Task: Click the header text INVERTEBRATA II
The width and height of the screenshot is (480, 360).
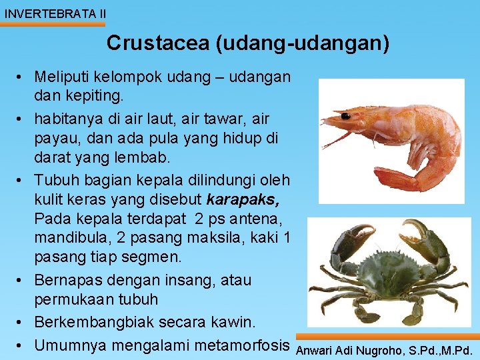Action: tap(54, 13)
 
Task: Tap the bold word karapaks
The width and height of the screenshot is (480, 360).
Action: tap(243, 199)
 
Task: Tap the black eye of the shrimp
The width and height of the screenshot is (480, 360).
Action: tap(346, 116)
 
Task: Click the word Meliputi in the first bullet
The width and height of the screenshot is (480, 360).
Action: tap(63, 77)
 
